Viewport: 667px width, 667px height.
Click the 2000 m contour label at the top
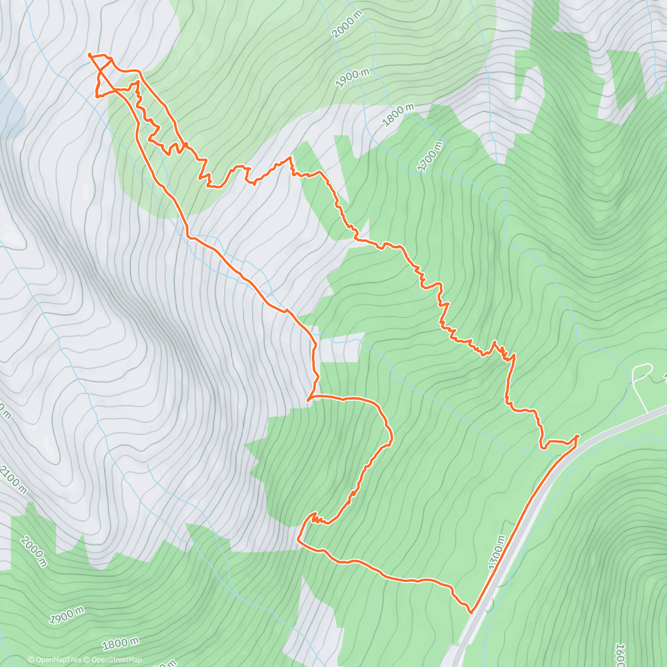coord(347,24)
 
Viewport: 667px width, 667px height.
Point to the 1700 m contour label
coord(430,156)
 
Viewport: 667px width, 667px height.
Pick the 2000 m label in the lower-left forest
coord(33,551)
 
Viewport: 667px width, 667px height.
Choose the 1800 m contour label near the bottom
coord(121,644)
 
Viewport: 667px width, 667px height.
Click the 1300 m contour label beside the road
coord(496,552)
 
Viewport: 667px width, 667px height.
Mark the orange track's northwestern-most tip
coord(89,54)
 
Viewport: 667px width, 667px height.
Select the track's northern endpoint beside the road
coord(578,436)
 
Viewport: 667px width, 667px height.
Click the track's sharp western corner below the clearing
coord(308,399)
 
